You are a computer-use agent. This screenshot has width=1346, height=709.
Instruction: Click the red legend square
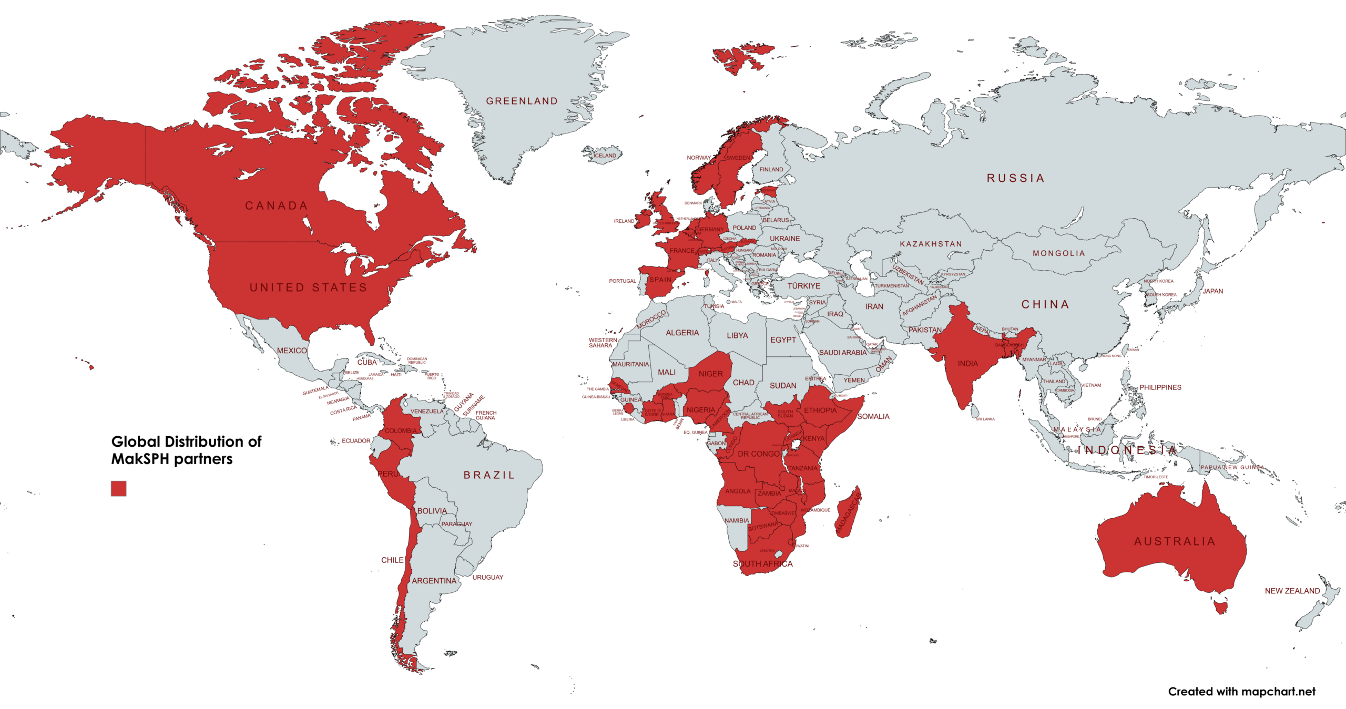[x=118, y=488]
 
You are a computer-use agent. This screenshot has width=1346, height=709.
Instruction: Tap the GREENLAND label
[x=522, y=101]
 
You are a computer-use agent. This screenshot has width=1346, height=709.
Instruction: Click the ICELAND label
[x=605, y=156]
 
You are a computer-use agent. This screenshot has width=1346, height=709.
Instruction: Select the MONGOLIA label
[x=1059, y=253]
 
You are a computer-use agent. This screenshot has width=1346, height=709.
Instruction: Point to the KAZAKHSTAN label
[x=931, y=244]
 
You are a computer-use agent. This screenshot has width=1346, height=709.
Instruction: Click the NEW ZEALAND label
[x=1292, y=591]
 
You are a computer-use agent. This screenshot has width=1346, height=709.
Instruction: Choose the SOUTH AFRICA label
[x=762, y=563]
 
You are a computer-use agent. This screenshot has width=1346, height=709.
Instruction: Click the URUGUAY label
[x=487, y=577]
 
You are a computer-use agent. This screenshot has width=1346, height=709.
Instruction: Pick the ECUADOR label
[x=356, y=440]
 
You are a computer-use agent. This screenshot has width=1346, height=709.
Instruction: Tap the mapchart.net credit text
[x=1241, y=692]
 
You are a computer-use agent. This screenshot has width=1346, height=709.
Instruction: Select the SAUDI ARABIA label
[x=842, y=353]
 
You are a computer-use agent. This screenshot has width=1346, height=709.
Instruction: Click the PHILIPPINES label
[x=1160, y=387]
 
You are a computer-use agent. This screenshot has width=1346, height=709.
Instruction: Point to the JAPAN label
[x=1212, y=291]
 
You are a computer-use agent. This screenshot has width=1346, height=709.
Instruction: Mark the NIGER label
[x=710, y=374]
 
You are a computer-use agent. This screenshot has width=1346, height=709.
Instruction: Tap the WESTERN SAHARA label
[x=603, y=343]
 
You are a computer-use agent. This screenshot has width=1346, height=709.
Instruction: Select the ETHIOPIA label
[x=820, y=410]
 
